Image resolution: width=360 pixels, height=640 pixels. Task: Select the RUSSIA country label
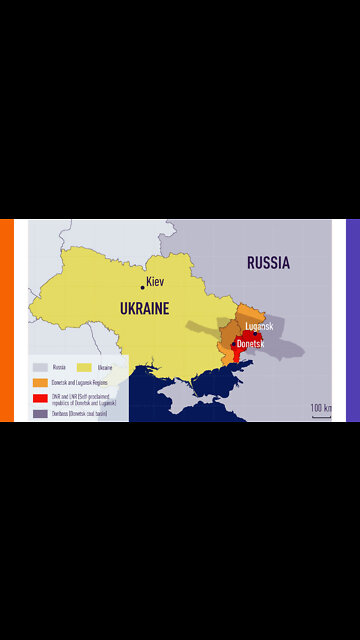(268, 264)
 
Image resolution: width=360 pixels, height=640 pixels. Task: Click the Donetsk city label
(251, 343)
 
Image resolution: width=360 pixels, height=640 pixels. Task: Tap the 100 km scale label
(320, 408)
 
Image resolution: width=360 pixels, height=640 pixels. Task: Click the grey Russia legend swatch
(39, 367)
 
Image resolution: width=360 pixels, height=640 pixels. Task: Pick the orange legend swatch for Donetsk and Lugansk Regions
(39, 382)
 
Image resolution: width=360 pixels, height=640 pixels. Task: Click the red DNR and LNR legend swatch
(39, 398)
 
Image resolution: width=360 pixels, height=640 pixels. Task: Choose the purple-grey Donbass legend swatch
(39, 413)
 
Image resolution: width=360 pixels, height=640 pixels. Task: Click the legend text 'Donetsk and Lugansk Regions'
(79, 382)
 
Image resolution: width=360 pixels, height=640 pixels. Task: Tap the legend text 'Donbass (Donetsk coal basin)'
(80, 413)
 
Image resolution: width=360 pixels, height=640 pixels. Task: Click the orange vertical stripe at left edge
(6, 320)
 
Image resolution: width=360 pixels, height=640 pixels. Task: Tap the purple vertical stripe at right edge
(352, 320)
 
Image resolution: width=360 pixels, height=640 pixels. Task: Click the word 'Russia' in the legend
(59, 367)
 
